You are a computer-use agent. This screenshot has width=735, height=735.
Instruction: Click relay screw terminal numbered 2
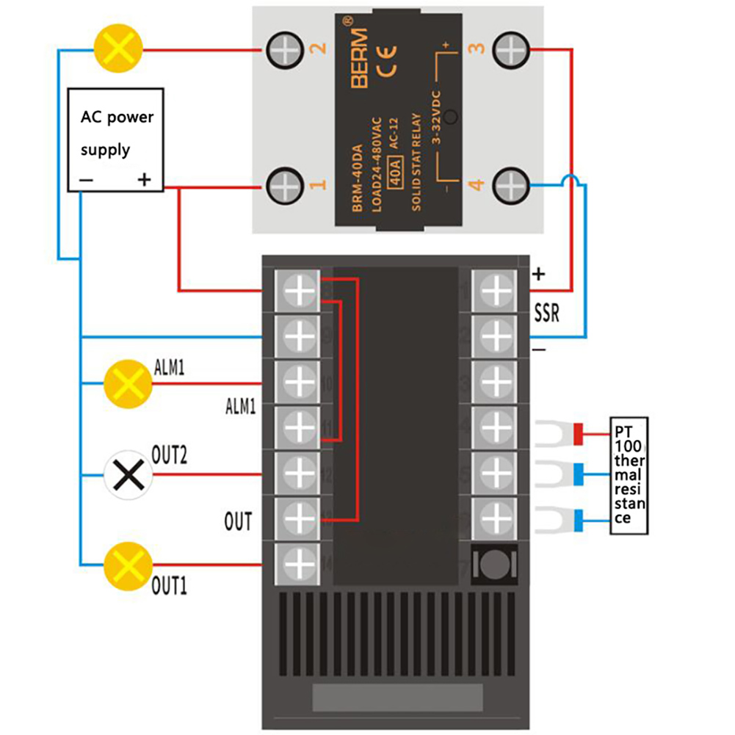coord(285,51)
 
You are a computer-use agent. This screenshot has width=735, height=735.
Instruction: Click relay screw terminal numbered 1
coord(285,187)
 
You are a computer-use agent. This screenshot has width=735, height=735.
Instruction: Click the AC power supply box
coord(115,140)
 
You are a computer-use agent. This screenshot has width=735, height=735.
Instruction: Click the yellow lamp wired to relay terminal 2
coord(117,51)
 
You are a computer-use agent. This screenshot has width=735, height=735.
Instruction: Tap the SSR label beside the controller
coord(547,315)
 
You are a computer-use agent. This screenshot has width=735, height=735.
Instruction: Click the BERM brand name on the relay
coord(358,59)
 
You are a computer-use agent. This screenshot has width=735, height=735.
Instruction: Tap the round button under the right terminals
coord(496,565)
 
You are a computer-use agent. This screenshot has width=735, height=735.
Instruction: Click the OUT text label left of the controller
coord(238,522)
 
